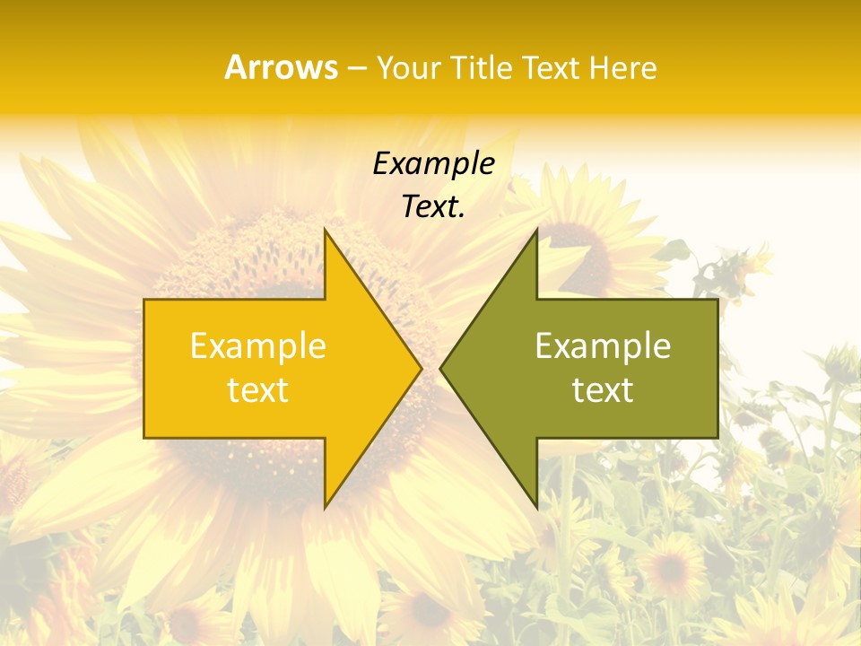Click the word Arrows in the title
pyautogui.click(x=281, y=67)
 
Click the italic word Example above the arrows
pyautogui.click(x=433, y=164)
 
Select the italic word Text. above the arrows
pyautogui.click(x=433, y=207)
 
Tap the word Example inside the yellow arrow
pyautogui.click(x=258, y=346)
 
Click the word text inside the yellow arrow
pyautogui.click(x=258, y=390)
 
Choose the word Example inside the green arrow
pyautogui.click(x=603, y=346)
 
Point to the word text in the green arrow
pyautogui.click(x=603, y=390)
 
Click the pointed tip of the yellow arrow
pyautogui.click(x=421, y=368)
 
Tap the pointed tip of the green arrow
pyautogui.click(x=440, y=368)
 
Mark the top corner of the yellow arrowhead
pyautogui.click(x=325, y=230)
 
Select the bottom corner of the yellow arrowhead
pyautogui.click(x=325, y=508)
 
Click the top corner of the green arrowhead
pyautogui.click(x=536, y=230)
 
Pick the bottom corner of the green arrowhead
pyautogui.click(x=536, y=508)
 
